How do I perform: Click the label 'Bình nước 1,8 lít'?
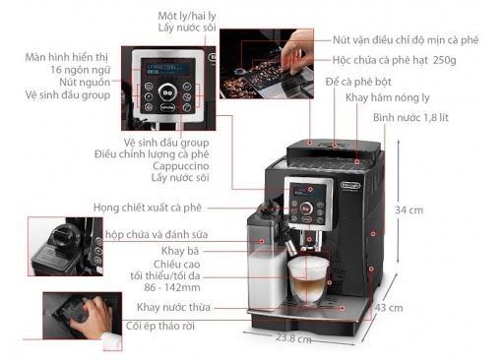coord(410,118)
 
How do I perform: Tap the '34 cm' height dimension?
coord(409,210)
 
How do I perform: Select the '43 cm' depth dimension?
coord(389,308)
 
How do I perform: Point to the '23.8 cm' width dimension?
coord(293,338)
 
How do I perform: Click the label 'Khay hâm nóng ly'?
coord(388,97)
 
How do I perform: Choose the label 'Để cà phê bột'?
coord(358,82)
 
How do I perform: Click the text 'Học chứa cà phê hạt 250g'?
coord(395,60)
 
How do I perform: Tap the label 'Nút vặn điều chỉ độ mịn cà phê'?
coord(406,40)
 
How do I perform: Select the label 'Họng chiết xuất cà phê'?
coord(148,208)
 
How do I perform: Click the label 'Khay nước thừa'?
coord(173,308)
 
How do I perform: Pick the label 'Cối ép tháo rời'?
coord(160,326)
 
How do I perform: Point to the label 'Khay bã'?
coord(180,251)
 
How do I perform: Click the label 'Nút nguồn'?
coord(85,83)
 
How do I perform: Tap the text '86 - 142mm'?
coord(172,287)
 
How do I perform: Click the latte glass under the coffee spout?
coord(308,279)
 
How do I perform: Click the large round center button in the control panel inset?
coord(168,92)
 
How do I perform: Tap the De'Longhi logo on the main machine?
coord(350,186)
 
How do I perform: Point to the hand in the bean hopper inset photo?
coord(298,51)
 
